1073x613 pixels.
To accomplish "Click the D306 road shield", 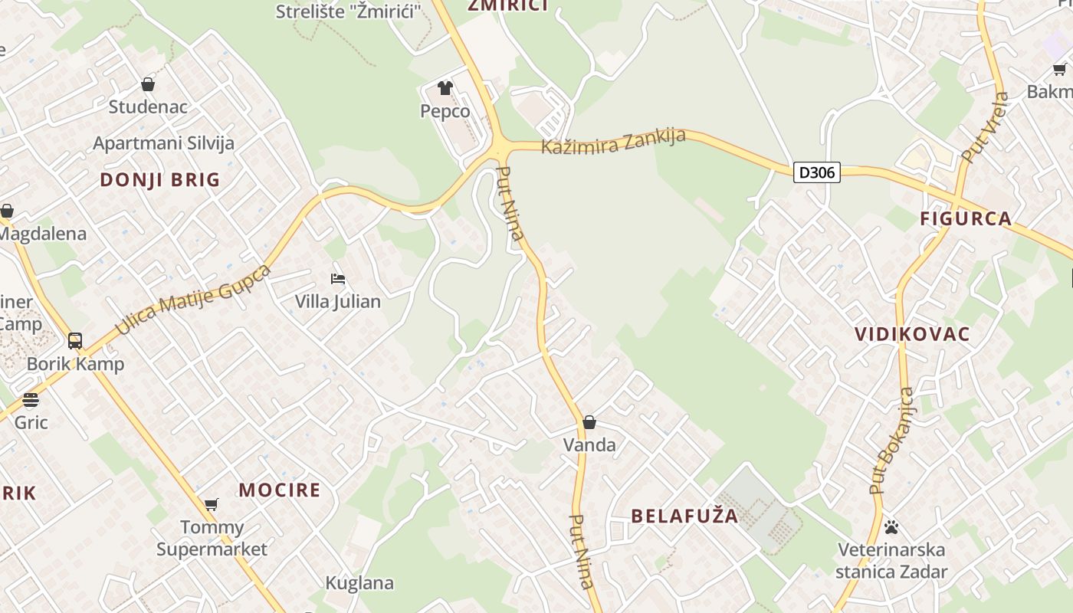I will tap(816, 172).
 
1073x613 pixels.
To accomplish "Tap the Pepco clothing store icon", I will tap(445, 88).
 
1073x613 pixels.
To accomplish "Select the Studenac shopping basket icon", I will tap(148, 84).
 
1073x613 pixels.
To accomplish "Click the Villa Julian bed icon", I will tap(338, 279).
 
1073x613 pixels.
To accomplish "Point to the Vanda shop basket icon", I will tap(589, 422).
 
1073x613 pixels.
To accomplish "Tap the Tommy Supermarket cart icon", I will tap(212, 504).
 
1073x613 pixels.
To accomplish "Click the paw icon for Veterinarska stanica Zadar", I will tap(891, 527).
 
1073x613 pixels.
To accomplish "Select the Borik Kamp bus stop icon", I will tap(75, 341).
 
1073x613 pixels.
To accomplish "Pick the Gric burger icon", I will tap(31, 400).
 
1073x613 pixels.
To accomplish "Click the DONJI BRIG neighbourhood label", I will tap(160, 180).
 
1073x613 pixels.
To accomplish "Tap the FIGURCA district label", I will tap(966, 219).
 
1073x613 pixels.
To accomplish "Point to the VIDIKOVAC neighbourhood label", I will tap(912, 334).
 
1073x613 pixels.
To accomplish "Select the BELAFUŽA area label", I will tap(684, 516).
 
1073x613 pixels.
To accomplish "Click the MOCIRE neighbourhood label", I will tap(280, 490).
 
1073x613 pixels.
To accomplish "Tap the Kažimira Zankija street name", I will tap(613, 141).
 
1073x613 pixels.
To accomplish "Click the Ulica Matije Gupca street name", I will tap(193, 300).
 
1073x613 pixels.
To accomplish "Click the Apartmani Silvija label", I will tap(163, 143).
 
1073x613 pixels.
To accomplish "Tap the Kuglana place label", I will tap(359, 583).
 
